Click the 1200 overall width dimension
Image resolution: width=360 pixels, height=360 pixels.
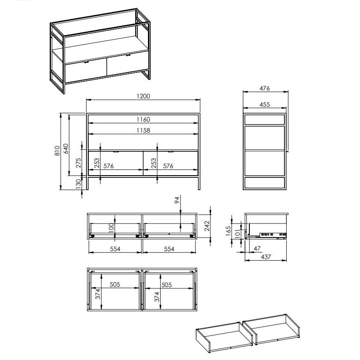[x=143, y=96]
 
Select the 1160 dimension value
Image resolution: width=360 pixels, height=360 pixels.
[x=143, y=119]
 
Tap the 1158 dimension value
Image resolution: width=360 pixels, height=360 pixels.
[x=143, y=130]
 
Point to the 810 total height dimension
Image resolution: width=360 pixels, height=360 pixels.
[x=57, y=151]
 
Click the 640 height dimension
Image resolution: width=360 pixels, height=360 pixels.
[x=66, y=148]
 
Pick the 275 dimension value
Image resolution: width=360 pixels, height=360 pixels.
[x=79, y=162]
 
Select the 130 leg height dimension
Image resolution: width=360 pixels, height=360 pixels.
[x=79, y=184]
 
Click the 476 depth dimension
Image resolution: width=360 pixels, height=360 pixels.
[x=264, y=88]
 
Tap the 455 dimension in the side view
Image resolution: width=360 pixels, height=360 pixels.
[x=264, y=104]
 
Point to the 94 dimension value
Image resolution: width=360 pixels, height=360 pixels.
[x=177, y=200]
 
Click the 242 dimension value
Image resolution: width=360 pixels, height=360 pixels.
[x=207, y=226]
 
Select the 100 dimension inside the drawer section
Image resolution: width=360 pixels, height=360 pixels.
[x=111, y=228]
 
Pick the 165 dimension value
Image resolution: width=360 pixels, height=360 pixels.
[x=228, y=231]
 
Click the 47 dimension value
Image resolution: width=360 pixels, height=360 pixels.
[x=257, y=248]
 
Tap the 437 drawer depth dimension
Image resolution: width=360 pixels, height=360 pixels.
[x=266, y=257]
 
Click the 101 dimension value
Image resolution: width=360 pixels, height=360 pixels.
[x=237, y=234]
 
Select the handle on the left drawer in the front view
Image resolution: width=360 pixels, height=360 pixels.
[x=116, y=151]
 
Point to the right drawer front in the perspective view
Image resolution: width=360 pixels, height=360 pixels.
[x=127, y=63]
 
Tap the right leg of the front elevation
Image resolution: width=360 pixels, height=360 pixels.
[x=199, y=183]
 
